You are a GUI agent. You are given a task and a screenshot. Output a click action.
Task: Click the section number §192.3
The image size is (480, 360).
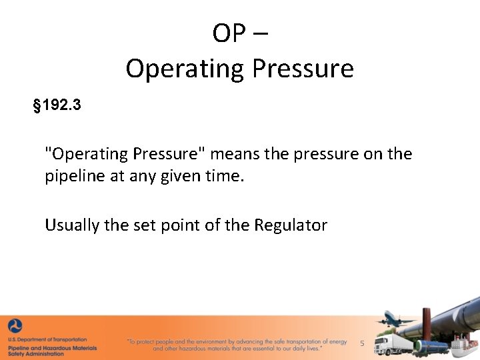coord(57,105)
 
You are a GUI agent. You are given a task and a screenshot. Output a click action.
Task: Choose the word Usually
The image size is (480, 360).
coord(72,225)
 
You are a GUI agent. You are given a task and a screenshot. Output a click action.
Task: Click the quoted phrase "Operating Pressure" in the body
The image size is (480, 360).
coord(126,154)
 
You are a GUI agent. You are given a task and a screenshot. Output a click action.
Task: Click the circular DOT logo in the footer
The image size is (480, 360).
coord(15,327)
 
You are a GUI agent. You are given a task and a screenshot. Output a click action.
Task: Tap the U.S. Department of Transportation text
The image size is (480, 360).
coord(47,340)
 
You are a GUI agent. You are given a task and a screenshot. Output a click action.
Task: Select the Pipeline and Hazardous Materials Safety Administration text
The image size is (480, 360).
coord(52,351)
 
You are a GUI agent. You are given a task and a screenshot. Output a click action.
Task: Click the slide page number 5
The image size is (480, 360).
coord(362,343)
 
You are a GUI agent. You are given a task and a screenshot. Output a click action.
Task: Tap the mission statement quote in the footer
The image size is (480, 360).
coord(237,345)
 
